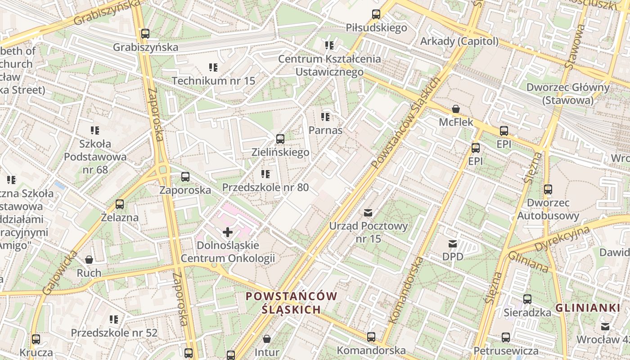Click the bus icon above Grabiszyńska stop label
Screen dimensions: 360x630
coord(145,34)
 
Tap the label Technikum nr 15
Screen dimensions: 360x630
coord(213,81)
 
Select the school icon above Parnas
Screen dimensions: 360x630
coord(325,117)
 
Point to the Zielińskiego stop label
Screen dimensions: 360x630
coord(280,152)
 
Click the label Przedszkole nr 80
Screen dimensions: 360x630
coord(265,187)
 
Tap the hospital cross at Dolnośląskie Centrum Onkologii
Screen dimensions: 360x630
coord(228,232)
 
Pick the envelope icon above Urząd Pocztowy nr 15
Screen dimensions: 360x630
coord(368,212)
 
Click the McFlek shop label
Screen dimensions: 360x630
coord(456,122)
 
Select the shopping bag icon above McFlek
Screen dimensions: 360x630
coord(456,109)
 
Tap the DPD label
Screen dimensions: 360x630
coord(453,256)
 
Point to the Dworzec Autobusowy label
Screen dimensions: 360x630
coord(548,209)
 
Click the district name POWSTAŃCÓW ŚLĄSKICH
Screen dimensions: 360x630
coord(292,302)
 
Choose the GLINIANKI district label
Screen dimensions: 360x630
coord(588,308)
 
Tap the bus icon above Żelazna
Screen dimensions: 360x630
coord(119,204)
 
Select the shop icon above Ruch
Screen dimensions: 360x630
coord(89,260)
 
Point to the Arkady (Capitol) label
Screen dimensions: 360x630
coord(459,41)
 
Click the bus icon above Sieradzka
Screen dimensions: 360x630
coord(527,299)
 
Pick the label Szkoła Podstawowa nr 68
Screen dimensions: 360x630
coord(95,157)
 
